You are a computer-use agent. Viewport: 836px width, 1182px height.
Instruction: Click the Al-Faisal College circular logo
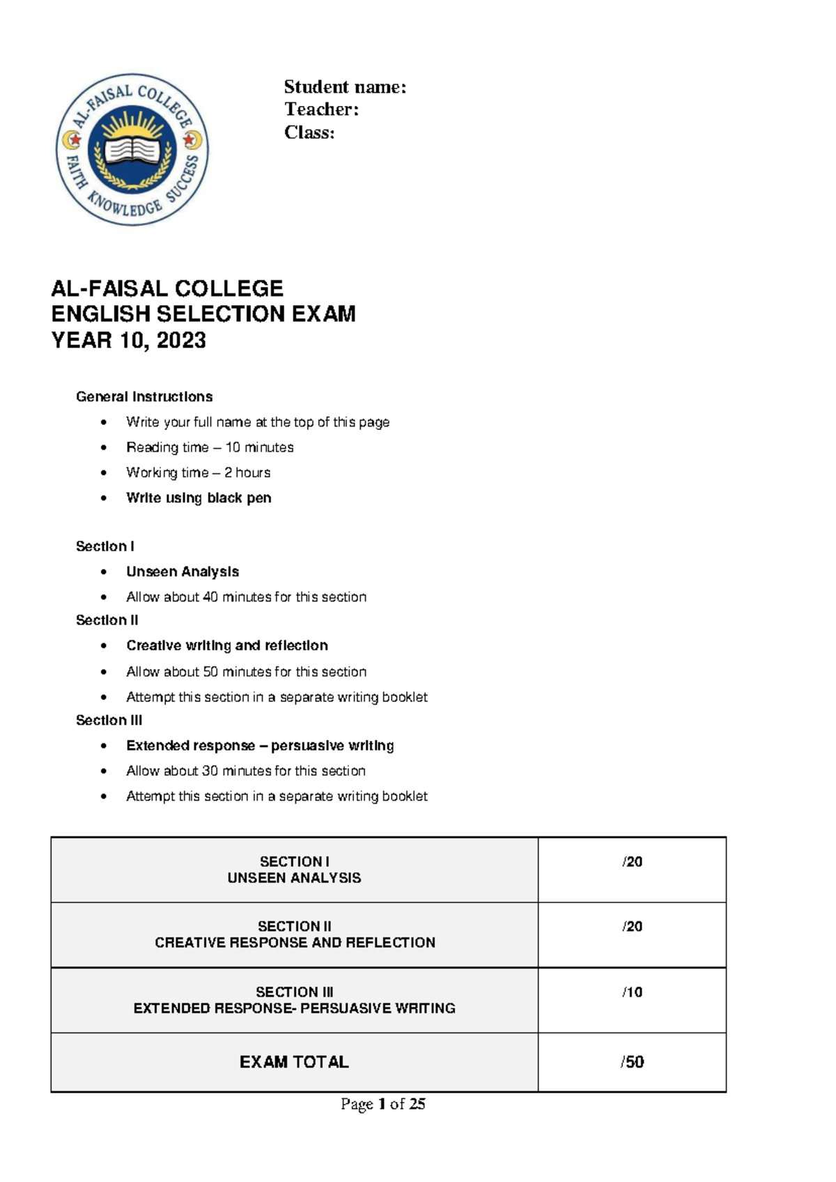pos(132,150)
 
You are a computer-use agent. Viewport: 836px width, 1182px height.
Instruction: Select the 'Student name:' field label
pos(344,87)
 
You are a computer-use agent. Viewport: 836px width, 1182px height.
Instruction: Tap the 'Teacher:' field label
pos(321,109)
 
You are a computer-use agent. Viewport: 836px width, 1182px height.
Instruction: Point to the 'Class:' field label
pos(309,132)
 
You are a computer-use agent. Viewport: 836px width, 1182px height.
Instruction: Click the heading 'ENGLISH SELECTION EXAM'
pos(203,314)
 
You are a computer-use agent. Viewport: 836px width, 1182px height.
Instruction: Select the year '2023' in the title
pos(181,340)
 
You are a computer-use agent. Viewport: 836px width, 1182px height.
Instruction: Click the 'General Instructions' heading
pos(144,397)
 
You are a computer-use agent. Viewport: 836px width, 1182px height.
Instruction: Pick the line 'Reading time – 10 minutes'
pos(210,447)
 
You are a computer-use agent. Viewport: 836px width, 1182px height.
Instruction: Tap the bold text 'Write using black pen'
pos(199,498)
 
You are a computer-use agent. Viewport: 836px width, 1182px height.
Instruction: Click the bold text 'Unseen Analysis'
pos(183,571)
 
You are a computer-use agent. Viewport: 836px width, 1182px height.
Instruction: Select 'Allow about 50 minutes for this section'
pos(246,672)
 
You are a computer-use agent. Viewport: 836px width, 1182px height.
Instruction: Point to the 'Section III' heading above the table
pos(109,720)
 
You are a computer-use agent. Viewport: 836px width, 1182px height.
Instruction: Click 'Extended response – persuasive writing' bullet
pos(260,746)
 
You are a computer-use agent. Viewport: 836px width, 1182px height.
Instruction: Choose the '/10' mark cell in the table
pos(632,992)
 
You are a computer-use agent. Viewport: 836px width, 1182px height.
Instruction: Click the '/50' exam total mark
pos(632,1062)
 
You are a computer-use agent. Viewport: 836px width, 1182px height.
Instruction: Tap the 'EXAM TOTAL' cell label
pos(294,1062)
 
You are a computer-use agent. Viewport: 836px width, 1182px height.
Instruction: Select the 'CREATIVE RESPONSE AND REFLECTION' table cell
pos(295,942)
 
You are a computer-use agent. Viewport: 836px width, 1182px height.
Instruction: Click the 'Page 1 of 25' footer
pos(382,1104)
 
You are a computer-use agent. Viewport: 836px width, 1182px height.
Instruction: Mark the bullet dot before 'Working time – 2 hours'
pos(104,473)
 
